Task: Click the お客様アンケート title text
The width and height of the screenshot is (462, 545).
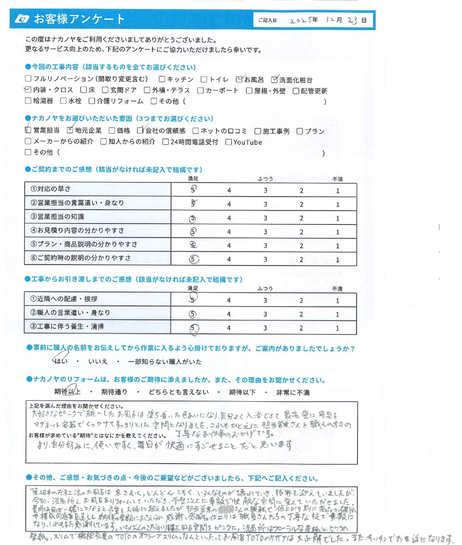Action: point(79,19)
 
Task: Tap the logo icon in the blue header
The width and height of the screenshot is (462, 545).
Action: point(22,19)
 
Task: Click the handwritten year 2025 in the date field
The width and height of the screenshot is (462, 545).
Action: point(300,20)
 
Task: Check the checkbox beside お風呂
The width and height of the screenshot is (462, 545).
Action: point(239,79)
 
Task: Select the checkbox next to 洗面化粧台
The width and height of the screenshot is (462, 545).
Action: point(274,80)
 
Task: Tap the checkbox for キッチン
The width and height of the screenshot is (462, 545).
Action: point(162,79)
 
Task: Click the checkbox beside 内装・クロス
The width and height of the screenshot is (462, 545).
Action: point(28,90)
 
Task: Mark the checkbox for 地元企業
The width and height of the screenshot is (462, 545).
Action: point(70,130)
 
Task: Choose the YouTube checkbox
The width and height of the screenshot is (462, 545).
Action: point(229,142)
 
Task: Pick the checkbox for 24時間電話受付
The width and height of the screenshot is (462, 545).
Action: point(166,142)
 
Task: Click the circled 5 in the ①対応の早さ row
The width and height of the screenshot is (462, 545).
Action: point(193,189)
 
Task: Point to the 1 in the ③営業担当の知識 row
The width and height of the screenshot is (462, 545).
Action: point(338,218)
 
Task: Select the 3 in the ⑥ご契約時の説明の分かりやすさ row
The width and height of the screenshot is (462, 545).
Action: point(265,260)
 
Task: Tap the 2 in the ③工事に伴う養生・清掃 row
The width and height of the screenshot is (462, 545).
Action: point(301,328)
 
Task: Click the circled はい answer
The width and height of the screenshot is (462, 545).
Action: point(61,361)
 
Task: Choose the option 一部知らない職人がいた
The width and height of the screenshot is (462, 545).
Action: point(165,362)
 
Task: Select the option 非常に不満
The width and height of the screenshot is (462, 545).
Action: point(293,393)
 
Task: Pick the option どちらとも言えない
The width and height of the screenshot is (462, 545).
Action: point(179,392)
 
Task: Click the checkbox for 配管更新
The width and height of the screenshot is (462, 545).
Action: point(296,91)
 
